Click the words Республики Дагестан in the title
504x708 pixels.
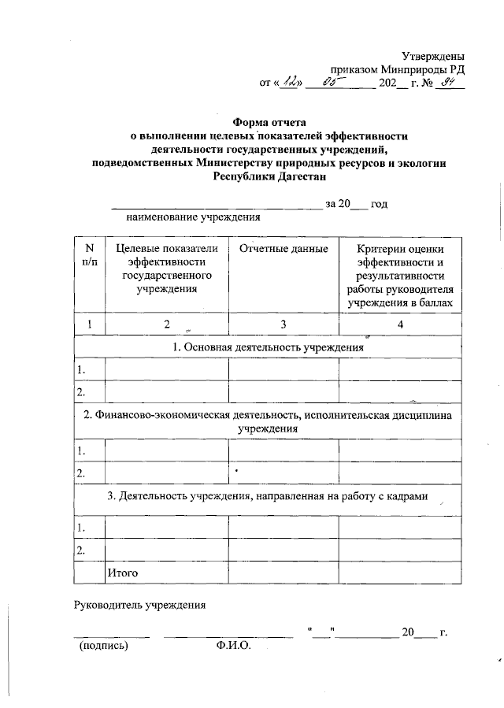tap(270, 176)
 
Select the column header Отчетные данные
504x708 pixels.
tap(283, 250)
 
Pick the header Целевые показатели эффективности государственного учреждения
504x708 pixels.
tap(166, 269)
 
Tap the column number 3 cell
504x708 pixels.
tap(283, 324)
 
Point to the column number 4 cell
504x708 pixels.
tap(401, 324)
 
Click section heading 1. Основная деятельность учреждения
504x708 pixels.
tap(269, 347)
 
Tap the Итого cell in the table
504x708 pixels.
tap(123, 573)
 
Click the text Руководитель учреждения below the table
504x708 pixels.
tap(139, 606)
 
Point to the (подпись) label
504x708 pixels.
tap(102, 646)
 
